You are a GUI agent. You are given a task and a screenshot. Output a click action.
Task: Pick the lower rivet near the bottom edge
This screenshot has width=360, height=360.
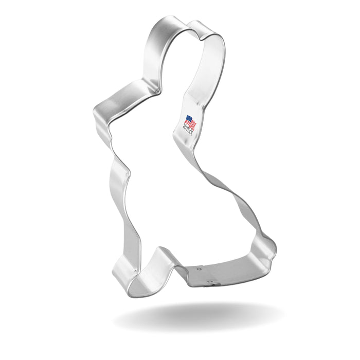pyautogui.click(x=210, y=281)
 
